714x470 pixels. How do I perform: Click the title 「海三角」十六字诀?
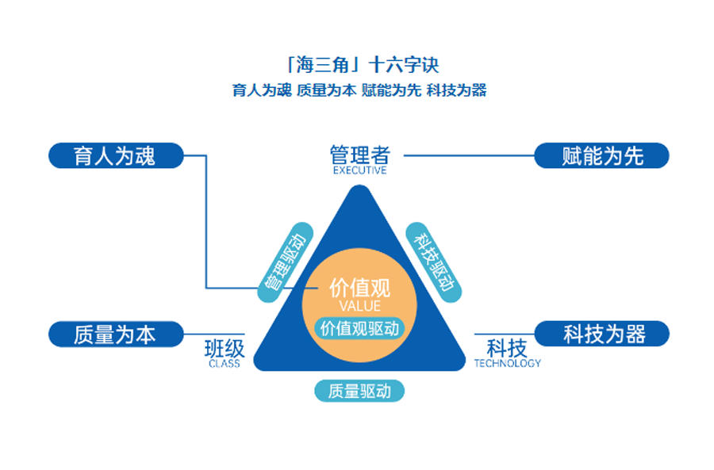[x=359, y=64]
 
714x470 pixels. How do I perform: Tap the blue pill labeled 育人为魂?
[x=115, y=155]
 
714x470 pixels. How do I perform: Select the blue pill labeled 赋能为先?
[x=602, y=155]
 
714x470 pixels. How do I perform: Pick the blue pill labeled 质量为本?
[x=115, y=334]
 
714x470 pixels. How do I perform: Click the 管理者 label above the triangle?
[x=359, y=153]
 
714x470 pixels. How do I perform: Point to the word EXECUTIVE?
[x=359, y=170]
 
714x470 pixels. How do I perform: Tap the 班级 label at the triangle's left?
[x=225, y=349]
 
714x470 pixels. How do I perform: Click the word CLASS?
[x=225, y=364]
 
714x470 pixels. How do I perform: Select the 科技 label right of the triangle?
[x=506, y=348]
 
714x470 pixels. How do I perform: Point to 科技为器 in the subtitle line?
[x=456, y=90]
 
